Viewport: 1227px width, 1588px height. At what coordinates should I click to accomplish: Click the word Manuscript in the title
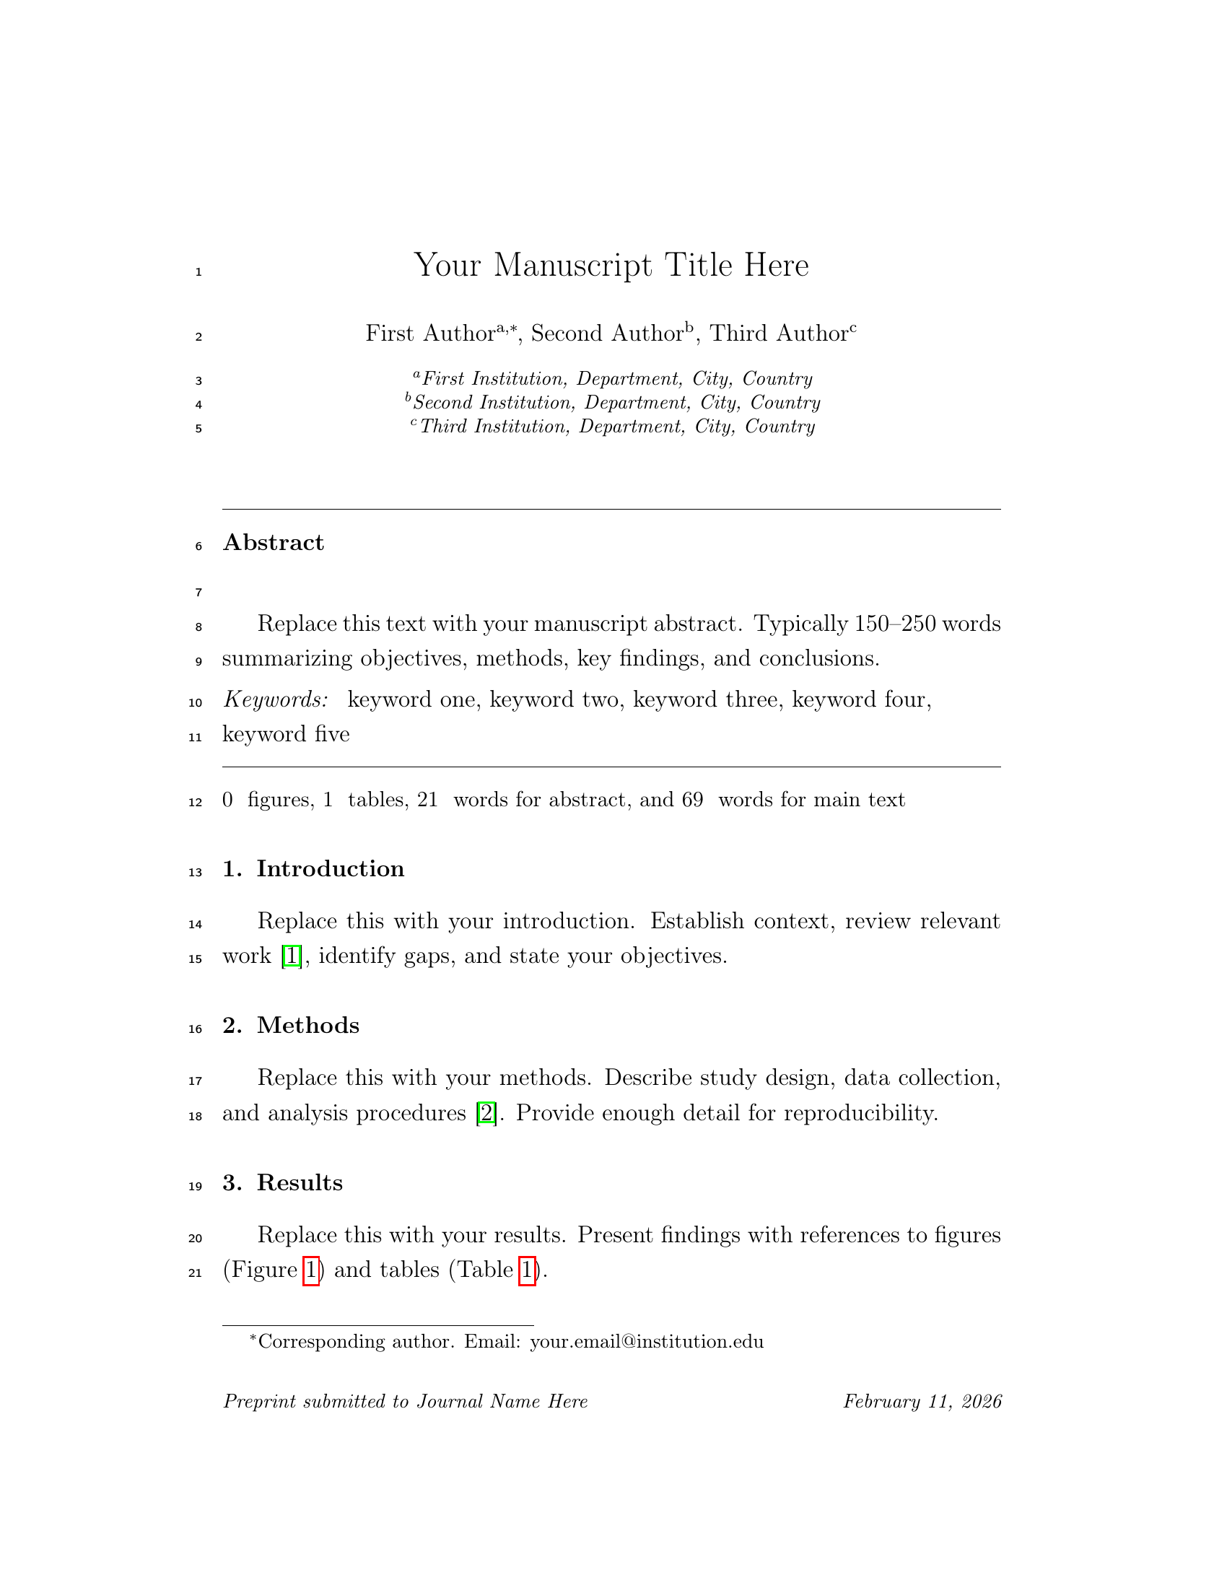[x=573, y=265]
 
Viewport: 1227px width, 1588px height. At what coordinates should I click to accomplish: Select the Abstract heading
[x=274, y=542]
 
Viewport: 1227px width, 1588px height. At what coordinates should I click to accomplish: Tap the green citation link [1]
[x=291, y=956]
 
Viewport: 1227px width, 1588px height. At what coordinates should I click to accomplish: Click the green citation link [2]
[x=486, y=1112]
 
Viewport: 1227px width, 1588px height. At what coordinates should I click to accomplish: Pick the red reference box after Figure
[x=310, y=1270]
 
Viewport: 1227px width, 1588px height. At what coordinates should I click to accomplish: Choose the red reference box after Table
[x=527, y=1270]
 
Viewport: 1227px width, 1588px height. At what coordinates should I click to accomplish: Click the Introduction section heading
[x=330, y=869]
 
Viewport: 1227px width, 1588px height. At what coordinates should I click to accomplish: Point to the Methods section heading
[x=307, y=1025]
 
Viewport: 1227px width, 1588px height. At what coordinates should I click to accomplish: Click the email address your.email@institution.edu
[x=647, y=1342]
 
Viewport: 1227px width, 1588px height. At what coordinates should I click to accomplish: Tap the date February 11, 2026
[x=922, y=1401]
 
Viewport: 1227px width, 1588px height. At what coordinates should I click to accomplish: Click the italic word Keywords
[x=276, y=699]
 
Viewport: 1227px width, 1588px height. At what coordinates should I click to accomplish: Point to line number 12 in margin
[x=196, y=802]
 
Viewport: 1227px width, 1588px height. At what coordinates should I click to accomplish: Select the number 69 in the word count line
[x=692, y=800]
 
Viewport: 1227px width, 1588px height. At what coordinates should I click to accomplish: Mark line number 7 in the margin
[x=198, y=593]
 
